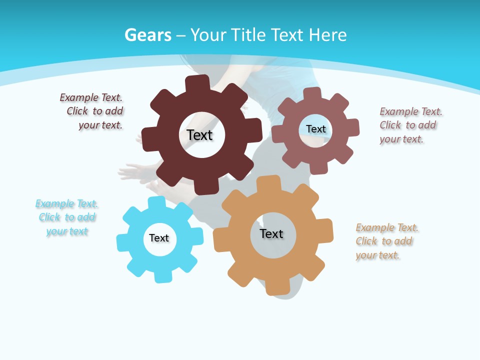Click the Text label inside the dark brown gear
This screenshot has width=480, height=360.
[199, 135]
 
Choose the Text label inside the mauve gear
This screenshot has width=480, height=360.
[315, 129]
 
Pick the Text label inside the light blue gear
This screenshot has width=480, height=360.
[158, 238]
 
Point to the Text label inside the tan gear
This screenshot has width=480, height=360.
[271, 233]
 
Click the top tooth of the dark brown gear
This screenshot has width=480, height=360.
[197, 84]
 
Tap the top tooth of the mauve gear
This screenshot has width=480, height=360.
[312, 94]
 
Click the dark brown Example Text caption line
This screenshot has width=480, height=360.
[91, 97]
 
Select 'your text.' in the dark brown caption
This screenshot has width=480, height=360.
[100, 125]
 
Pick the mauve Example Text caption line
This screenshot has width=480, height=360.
[411, 111]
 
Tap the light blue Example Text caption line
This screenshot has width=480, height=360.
[66, 203]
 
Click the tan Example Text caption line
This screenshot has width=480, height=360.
[387, 227]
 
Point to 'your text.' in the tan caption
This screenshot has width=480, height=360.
[378, 255]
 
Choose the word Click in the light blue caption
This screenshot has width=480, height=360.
[49, 217]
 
